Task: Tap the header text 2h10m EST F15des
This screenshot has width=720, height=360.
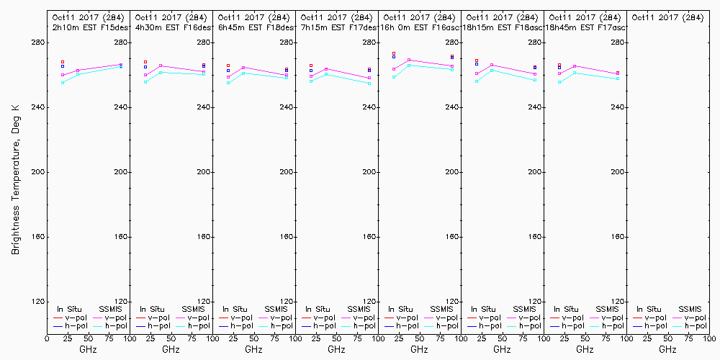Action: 89,27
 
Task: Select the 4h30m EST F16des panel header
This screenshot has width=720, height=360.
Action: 172,27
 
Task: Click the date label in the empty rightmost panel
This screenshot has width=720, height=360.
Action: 667,17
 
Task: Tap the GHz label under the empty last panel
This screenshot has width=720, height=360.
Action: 667,349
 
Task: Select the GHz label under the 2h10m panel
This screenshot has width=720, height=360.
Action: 88,349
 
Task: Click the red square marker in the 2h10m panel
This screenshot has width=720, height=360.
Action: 63,62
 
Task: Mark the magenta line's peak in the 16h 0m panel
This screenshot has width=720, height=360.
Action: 409,60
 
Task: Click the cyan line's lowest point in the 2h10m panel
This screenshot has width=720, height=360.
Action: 63,83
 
